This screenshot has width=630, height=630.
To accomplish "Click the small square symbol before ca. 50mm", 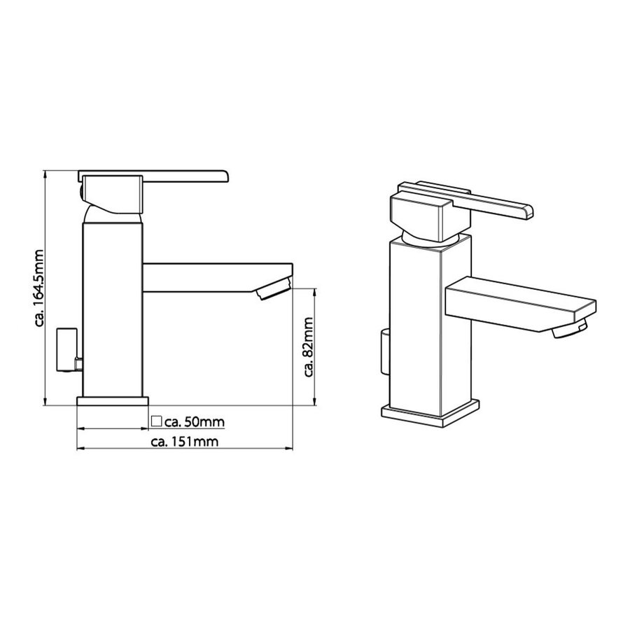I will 156,421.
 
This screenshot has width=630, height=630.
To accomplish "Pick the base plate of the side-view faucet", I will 112,402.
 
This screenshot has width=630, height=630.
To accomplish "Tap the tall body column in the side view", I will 112,308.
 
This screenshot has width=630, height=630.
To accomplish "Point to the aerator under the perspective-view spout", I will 570,330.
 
